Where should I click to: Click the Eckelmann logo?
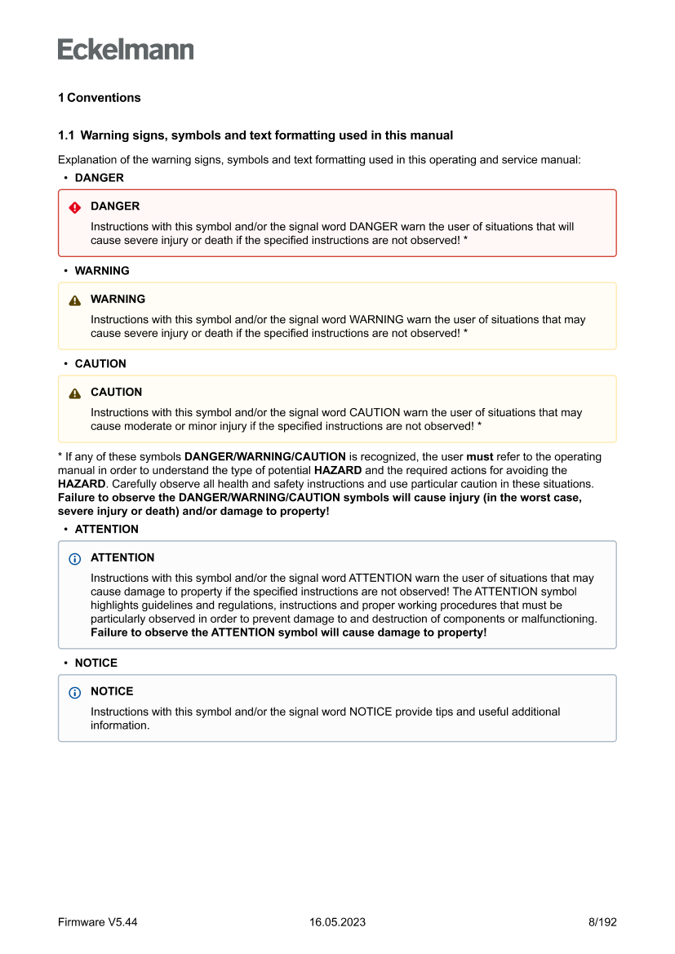126,50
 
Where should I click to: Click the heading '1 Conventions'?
99,98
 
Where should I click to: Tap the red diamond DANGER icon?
75,207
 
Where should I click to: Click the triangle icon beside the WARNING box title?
75,300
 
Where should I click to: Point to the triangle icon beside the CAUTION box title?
75,393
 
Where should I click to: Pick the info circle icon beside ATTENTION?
75,559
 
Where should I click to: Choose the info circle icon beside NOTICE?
75,693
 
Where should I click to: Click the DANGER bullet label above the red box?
99,178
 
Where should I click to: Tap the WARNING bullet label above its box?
101,271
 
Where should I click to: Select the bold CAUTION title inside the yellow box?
116,393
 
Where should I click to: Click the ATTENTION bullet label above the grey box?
106,530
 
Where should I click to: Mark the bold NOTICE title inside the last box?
112,692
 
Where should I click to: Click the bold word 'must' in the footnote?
479,457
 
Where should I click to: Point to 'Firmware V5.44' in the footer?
97,922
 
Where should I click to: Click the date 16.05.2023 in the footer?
337,922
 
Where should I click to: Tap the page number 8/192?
602,922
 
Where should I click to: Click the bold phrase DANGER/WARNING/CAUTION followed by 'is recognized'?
264,457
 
